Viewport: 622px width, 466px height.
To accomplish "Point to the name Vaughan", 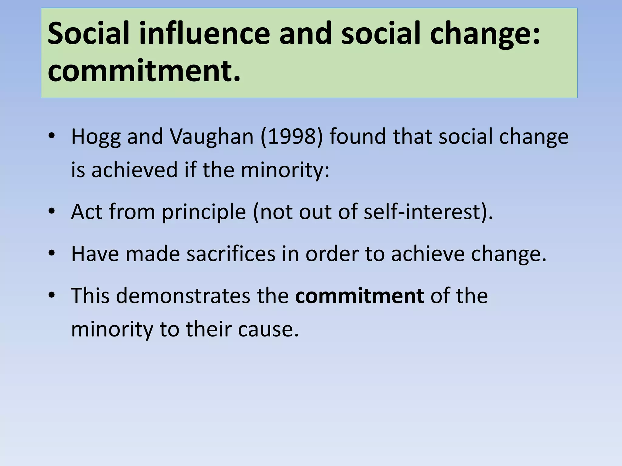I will pos(211,137).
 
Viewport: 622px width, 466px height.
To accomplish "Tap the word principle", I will pos(204,212).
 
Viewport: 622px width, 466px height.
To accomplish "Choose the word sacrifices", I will pos(231,254).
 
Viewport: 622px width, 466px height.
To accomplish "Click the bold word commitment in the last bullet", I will pos(360,295).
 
